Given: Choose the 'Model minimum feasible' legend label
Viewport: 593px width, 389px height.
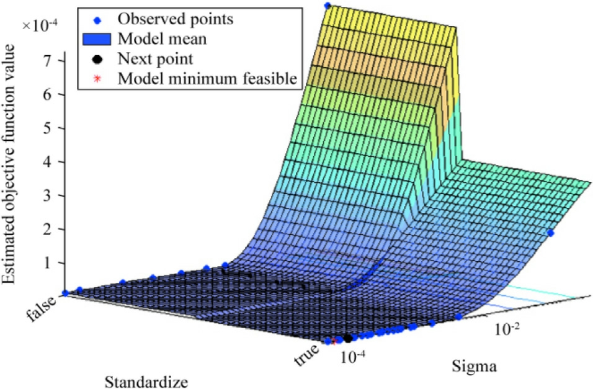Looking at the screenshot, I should [x=207, y=79].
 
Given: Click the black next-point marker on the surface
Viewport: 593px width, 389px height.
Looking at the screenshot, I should [x=348, y=339].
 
